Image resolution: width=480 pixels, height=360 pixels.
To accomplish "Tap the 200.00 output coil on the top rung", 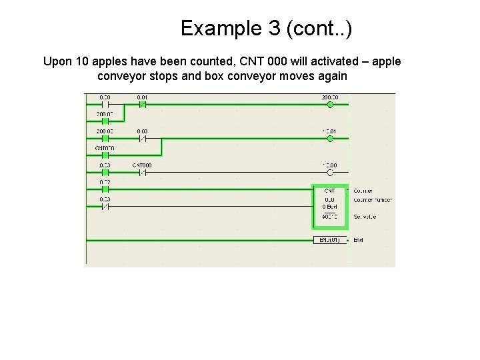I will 329,105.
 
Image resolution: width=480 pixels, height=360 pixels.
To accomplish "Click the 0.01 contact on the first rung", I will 142,105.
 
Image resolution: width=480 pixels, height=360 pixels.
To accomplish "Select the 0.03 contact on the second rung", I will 142,139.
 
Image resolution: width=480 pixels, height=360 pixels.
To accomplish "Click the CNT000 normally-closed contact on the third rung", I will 142,173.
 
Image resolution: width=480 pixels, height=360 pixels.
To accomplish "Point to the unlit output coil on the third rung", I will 329,173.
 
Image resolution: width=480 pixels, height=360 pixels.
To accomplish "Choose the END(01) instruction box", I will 330,240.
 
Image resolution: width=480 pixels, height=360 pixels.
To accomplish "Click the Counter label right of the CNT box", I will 363,191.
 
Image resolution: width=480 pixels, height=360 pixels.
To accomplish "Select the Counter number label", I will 373,200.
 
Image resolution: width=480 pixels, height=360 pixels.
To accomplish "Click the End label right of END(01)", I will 359,240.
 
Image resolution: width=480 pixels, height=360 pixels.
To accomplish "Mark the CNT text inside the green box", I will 329,191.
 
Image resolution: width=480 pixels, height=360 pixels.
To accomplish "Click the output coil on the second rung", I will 329,139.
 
